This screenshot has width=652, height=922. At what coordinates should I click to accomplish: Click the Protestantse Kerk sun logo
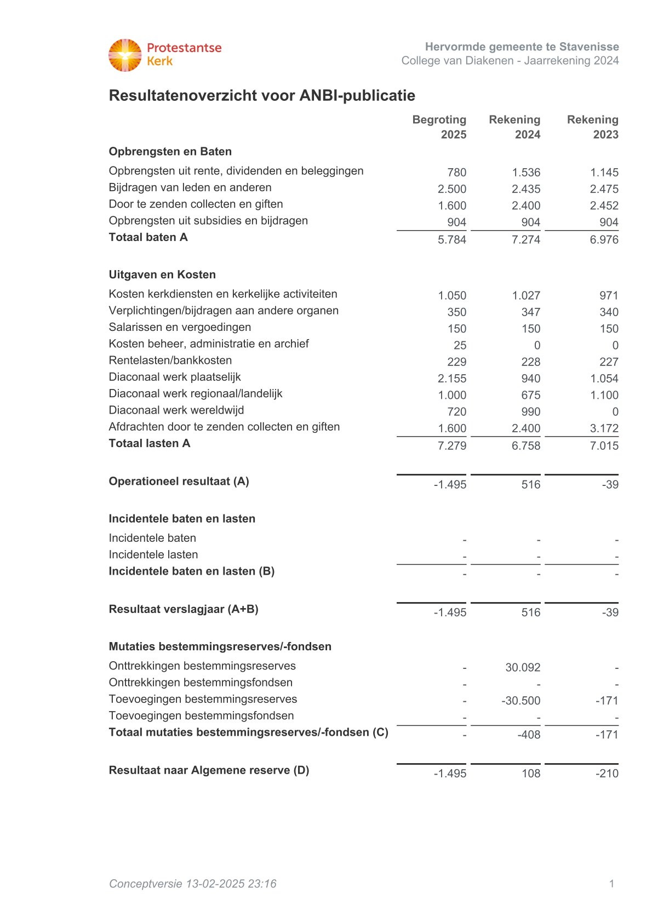pyautogui.click(x=125, y=55)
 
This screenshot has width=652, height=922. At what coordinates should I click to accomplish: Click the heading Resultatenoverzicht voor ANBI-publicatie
pyautogui.click(x=262, y=95)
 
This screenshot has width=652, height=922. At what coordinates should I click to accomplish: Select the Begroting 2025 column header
pyautogui.click(x=439, y=127)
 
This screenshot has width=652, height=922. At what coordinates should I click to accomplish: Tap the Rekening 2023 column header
pyautogui.click(x=593, y=127)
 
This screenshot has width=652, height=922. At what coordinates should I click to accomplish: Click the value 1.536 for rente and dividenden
pyautogui.click(x=526, y=173)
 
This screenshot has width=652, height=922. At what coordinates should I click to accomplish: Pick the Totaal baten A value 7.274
pyautogui.click(x=526, y=239)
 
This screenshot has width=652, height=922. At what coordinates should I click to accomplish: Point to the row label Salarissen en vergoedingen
pyautogui.click(x=180, y=327)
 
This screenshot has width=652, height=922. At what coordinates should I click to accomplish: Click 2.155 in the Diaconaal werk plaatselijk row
pyautogui.click(x=452, y=379)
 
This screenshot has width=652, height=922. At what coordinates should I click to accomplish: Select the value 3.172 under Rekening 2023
pyautogui.click(x=604, y=428)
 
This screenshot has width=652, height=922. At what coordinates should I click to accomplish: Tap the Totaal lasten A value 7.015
pyautogui.click(x=604, y=446)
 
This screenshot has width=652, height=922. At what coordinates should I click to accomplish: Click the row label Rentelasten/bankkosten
pyautogui.click(x=170, y=360)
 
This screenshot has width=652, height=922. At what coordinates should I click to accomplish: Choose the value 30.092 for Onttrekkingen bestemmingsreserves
pyautogui.click(x=523, y=668)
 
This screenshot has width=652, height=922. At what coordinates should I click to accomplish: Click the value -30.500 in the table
pyautogui.click(x=521, y=701)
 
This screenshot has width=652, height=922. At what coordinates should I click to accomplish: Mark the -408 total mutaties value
pyautogui.click(x=529, y=735)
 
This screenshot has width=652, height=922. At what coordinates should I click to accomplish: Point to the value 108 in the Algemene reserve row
pyautogui.click(x=531, y=774)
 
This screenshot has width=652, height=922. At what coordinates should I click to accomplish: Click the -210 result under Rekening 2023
pyautogui.click(x=607, y=774)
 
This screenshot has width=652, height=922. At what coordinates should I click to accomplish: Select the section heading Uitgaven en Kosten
pyautogui.click(x=162, y=274)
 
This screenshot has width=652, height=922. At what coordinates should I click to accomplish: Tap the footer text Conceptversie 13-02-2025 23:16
pyautogui.click(x=192, y=884)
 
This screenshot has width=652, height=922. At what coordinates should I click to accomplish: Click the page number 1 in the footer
pyautogui.click(x=611, y=884)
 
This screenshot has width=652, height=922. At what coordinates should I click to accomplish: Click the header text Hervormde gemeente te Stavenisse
pyautogui.click(x=522, y=47)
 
